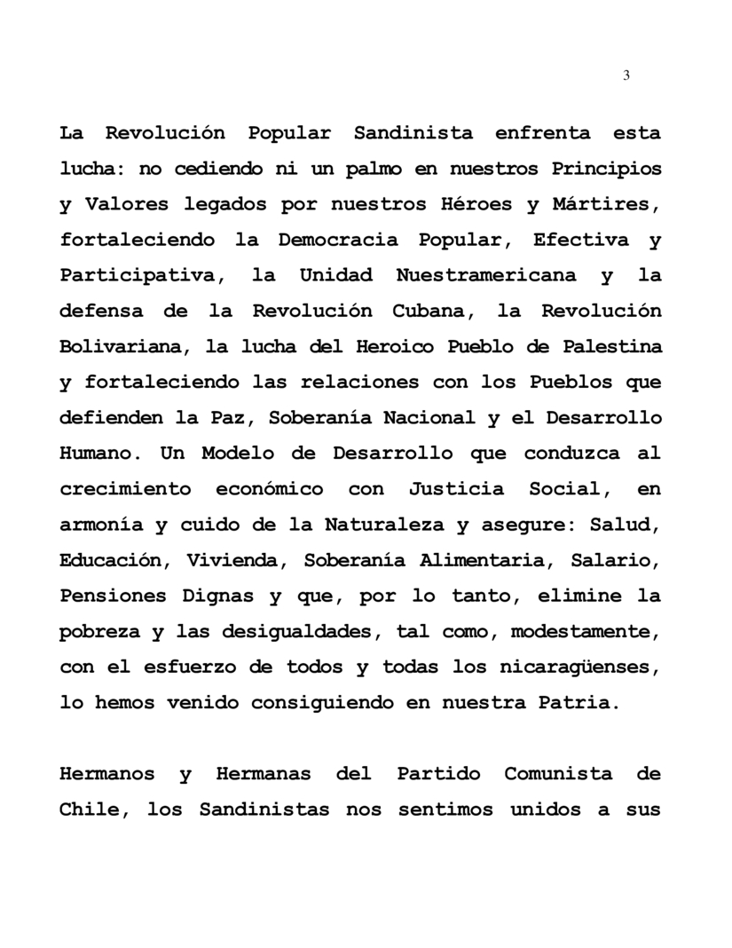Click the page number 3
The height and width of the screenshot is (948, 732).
point(626,75)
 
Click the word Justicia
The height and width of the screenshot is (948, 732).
point(456,489)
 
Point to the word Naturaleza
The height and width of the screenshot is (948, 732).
point(383,525)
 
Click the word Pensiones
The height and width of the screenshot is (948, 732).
point(111,596)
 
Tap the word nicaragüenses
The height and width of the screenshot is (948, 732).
point(586,667)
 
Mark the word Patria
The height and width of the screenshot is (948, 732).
point(576,702)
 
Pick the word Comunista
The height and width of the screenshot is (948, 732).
point(558,773)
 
